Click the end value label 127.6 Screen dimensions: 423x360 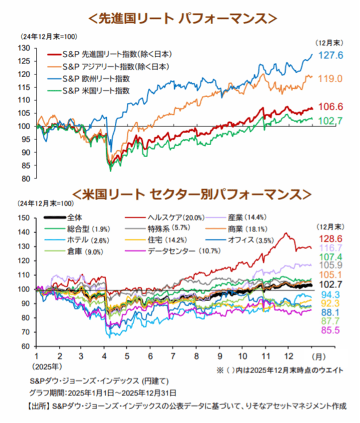pyautogui.click(x=330, y=55)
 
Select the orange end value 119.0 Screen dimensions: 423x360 pyautogui.click(x=330, y=78)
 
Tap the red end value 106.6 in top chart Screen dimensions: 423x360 pyautogui.click(x=330, y=107)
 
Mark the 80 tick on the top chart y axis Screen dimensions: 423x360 pyautogui.click(x=25, y=178)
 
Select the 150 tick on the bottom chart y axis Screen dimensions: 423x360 pyautogui.click(x=23, y=218)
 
